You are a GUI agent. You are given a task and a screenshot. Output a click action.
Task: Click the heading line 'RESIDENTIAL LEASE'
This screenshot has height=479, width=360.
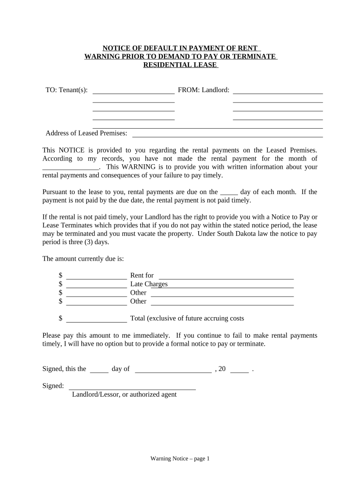click(x=180, y=65)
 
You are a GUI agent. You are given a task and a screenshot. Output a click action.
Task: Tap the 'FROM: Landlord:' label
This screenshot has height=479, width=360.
click(x=203, y=90)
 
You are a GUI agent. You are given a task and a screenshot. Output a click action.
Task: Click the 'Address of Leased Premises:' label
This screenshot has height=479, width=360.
click(x=86, y=133)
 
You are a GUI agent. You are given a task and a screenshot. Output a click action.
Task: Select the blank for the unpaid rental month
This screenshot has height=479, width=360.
click(x=71, y=169)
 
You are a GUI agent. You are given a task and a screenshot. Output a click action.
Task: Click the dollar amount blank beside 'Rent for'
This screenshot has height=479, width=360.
click(x=97, y=278)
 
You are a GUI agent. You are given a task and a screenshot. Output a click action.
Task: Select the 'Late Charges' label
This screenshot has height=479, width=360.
click(x=149, y=284)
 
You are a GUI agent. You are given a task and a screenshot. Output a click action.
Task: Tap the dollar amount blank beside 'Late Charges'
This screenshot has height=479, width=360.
click(x=97, y=286)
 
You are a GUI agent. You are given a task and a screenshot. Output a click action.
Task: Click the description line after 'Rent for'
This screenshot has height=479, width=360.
click(x=226, y=278)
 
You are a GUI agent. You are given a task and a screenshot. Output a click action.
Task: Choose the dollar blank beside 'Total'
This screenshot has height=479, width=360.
click(x=97, y=321)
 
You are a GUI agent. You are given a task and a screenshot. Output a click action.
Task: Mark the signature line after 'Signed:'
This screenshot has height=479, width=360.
click(x=132, y=388)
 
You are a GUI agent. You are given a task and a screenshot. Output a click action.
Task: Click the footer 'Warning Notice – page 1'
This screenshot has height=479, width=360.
click(x=180, y=459)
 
